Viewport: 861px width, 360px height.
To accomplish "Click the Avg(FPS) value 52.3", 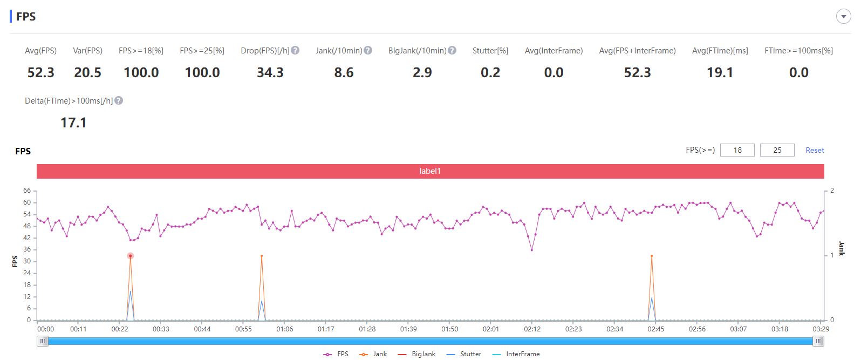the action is [x=41, y=72].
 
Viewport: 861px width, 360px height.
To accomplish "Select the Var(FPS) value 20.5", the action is [x=87, y=72].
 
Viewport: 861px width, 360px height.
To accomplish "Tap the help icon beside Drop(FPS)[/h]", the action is [x=295, y=50].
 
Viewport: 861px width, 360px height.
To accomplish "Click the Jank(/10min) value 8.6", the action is [x=344, y=72].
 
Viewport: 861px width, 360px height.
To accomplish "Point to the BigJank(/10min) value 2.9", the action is [x=422, y=72].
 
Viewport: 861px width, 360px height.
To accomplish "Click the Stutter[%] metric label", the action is [x=490, y=50].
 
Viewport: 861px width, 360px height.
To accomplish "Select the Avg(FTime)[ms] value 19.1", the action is [x=720, y=72].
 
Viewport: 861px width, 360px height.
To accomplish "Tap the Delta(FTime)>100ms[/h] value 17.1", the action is [x=73, y=123].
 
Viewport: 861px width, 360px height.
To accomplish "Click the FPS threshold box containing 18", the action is [x=737, y=150].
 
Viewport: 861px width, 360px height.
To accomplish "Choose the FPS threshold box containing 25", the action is [x=777, y=150].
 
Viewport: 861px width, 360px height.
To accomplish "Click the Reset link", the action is [x=815, y=151].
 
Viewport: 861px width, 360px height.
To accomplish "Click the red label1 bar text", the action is [x=430, y=171].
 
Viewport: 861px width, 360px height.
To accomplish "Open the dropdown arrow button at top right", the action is [x=844, y=17].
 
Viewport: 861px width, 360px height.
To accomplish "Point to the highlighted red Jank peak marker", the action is [x=131, y=256].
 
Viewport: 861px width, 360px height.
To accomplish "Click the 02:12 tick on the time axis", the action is [x=532, y=329].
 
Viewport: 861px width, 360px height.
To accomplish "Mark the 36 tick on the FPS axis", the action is [x=27, y=249].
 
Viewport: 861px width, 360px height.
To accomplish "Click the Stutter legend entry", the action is [x=464, y=354].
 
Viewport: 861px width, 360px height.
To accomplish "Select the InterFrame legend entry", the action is [x=516, y=354].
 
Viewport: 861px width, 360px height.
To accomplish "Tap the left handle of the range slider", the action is [x=43, y=341].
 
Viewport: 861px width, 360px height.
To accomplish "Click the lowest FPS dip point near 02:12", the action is [x=532, y=250].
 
